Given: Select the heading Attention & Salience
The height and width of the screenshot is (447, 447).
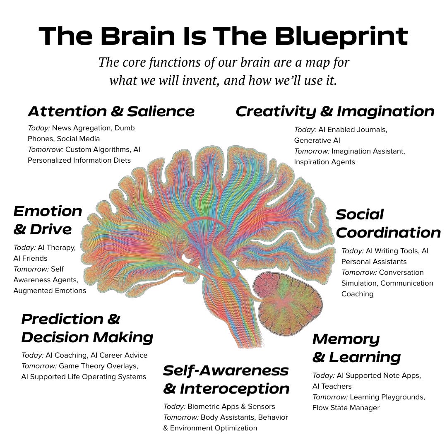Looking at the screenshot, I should pyautogui.click(x=111, y=111).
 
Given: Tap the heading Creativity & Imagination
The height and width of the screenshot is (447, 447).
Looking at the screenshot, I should pyautogui.click(x=335, y=111).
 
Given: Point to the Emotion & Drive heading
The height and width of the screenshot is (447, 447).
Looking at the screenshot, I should pyautogui.click(x=48, y=220).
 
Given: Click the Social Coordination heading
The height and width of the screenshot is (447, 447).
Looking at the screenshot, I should pyautogui.click(x=388, y=223).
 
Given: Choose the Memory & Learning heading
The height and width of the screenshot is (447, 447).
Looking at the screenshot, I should pyautogui.click(x=356, y=348).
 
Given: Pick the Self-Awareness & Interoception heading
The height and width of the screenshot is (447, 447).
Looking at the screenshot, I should pyautogui.click(x=226, y=380).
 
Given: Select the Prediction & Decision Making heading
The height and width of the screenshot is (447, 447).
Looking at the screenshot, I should pyautogui.click(x=87, y=328).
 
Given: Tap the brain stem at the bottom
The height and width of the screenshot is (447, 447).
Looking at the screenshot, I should pyautogui.click(x=244, y=327).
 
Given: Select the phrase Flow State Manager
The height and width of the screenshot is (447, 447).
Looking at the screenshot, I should pyautogui.click(x=346, y=408).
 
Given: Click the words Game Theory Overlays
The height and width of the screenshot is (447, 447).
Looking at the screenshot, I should pyautogui.click(x=98, y=366).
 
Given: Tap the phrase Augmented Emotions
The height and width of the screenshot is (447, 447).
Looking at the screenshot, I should pyautogui.click(x=50, y=291).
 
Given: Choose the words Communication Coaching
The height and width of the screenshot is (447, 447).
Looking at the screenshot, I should pyautogui.click(x=387, y=288).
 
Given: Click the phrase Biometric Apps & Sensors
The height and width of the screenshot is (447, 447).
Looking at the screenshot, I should pyautogui.click(x=231, y=406).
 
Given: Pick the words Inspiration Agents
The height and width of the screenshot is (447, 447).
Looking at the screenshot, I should pyautogui.click(x=324, y=162).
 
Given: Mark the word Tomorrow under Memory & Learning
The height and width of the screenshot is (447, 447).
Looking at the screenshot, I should pyautogui.click(x=330, y=397).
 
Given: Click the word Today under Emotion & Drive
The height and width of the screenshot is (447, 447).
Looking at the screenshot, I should pyautogui.click(x=24, y=248).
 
